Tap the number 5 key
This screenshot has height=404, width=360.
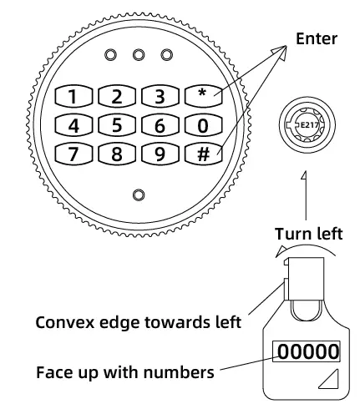pos(117,125)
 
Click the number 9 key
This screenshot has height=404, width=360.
pos(160,154)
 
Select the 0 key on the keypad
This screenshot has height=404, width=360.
pos(203,125)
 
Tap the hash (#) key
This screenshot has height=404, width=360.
pos(203,154)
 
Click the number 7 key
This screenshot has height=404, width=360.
pos(74,154)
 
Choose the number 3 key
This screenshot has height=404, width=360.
pos(160,96)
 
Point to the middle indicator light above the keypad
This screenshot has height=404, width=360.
pos(139,55)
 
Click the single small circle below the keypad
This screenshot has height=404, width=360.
pos(139,195)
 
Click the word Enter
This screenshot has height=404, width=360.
pos(317,38)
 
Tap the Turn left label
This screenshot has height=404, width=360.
pos(309,234)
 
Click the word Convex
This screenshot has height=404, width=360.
pos(64,322)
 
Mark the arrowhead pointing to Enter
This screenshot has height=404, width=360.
pos(280,53)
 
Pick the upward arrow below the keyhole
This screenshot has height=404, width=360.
pos(305,195)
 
